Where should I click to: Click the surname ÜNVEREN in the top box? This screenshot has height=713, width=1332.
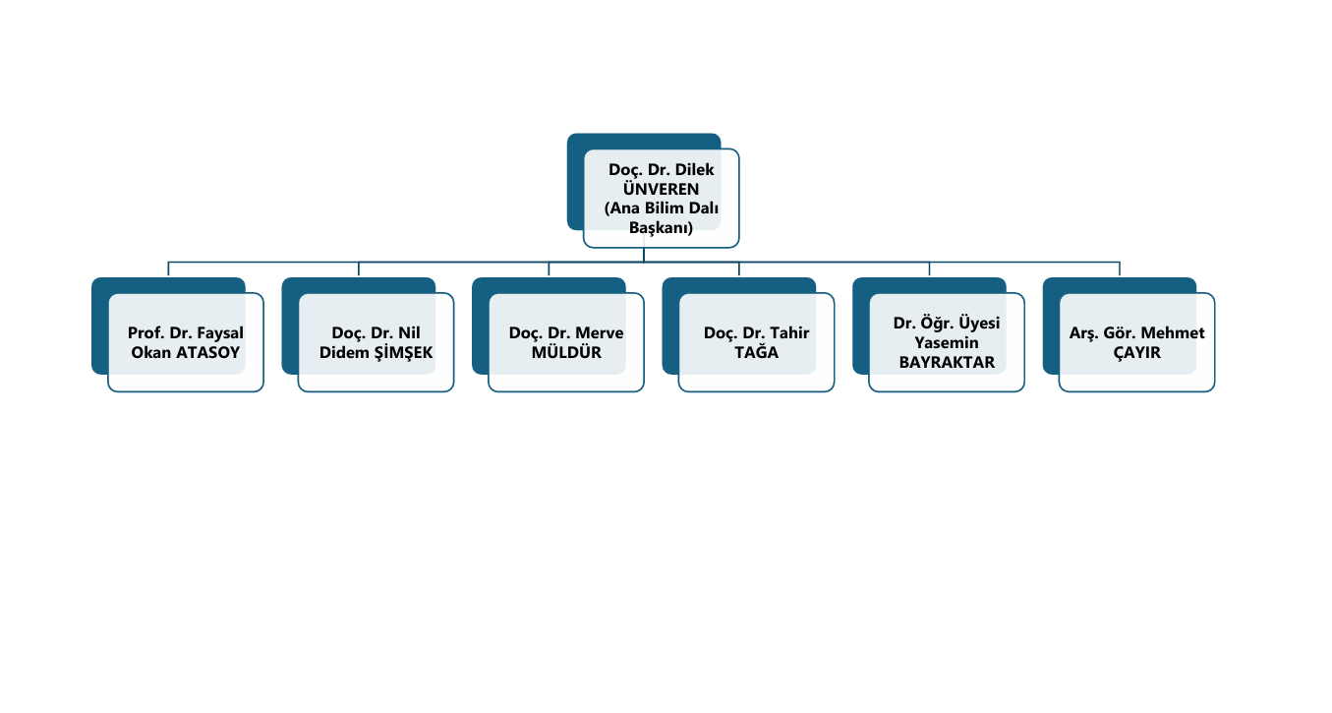point(662,189)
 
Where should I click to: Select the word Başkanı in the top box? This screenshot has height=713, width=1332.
point(662,227)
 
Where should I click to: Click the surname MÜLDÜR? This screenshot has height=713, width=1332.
point(566,352)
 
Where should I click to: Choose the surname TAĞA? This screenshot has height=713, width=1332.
point(757,352)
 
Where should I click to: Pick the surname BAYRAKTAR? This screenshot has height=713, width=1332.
point(947,362)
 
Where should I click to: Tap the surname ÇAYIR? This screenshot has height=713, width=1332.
point(1137,352)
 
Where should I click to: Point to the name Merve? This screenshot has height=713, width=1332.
point(600,333)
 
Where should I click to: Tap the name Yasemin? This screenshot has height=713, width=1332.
point(947,342)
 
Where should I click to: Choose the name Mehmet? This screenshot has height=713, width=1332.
point(1173,333)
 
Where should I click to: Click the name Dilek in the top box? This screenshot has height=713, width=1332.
point(693,170)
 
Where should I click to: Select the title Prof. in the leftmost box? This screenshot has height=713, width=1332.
point(145,333)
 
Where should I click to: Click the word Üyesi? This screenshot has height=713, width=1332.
point(978,323)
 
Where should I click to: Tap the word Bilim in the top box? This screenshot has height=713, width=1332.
point(664,208)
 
